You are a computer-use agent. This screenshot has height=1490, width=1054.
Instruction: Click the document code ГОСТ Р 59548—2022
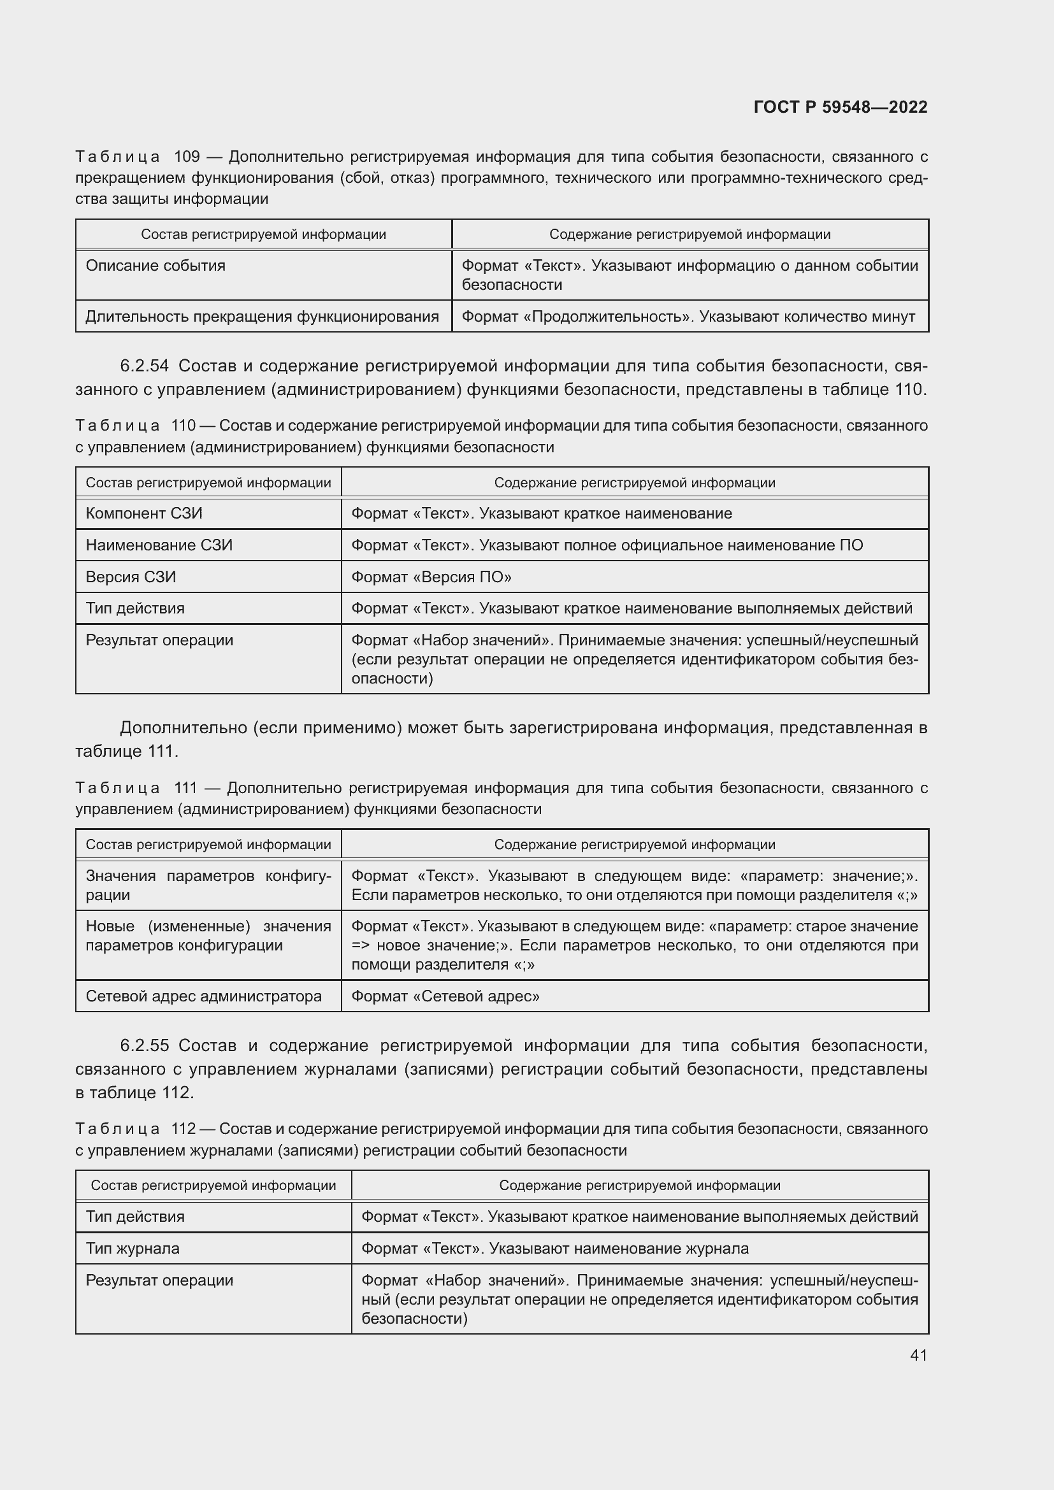click(x=841, y=107)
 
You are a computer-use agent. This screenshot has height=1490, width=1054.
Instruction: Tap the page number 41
click(x=918, y=1354)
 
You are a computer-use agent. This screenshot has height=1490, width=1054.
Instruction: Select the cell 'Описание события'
click(x=155, y=266)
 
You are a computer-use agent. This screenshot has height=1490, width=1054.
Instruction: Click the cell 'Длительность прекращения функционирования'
click(x=262, y=317)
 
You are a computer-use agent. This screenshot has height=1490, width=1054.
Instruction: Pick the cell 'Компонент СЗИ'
click(x=144, y=513)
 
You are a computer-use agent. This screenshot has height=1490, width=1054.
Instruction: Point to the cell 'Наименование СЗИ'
click(x=159, y=545)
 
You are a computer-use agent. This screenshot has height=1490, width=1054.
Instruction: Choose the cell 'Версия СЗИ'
click(x=131, y=577)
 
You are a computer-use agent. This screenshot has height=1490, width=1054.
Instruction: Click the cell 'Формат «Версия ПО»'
click(x=431, y=577)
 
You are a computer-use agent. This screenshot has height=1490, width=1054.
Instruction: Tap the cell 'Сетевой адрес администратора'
click(x=204, y=996)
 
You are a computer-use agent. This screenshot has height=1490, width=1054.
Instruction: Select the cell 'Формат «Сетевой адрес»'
click(x=445, y=996)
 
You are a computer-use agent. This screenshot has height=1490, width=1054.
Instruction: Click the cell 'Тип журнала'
click(x=133, y=1248)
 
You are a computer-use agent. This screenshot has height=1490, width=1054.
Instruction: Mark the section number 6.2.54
click(x=144, y=366)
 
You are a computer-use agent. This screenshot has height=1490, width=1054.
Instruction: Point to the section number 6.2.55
click(x=144, y=1045)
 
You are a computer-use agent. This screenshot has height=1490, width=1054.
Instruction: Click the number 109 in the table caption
click(x=187, y=157)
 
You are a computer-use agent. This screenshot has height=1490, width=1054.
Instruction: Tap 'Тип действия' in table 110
click(x=135, y=608)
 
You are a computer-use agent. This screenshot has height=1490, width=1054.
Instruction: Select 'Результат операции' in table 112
click(x=159, y=1280)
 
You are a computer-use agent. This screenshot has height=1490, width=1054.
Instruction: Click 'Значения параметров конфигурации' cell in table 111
click(x=208, y=885)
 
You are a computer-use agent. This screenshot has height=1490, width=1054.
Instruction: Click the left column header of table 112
click(x=213, y=1185)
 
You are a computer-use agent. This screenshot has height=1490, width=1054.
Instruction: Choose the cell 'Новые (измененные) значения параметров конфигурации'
click(x=208, y=935)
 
